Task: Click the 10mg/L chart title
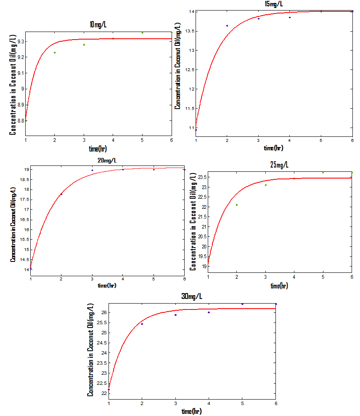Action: coord(98,25)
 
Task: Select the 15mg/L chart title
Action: coord(274,4)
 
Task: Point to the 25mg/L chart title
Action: coord(279,165)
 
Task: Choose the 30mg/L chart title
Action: coord(192,296)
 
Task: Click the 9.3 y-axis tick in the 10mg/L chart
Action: coord(19,41)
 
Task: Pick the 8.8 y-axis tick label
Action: coord(19,121)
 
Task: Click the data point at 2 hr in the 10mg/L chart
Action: coord(55,53)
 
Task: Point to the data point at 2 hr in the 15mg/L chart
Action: coord(227,26)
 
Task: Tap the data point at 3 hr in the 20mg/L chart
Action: coord(92,170)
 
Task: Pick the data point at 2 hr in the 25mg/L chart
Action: coord(237,205)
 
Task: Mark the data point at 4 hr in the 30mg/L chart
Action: coord(209,312)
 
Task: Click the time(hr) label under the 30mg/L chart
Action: coord(191,411)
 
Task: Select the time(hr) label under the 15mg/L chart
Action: coord(273,148)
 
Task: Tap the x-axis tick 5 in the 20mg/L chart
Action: coord(154,279)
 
